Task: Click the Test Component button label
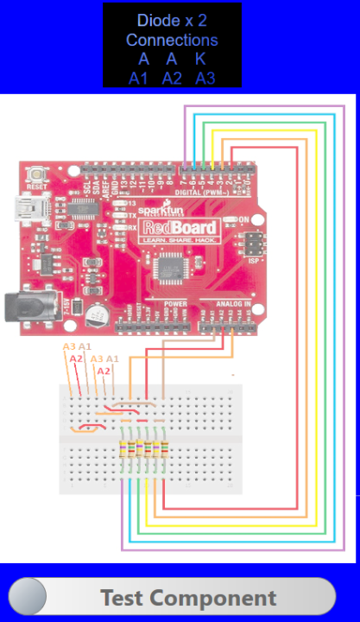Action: pos(188,598)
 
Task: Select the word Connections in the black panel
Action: pos(172,40)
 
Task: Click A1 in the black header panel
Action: pos(139,79)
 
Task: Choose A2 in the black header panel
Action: pos(172,79)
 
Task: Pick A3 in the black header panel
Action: pos(205,79)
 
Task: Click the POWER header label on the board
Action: pos(175,305)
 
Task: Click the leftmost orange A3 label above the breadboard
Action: pos(69,347)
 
